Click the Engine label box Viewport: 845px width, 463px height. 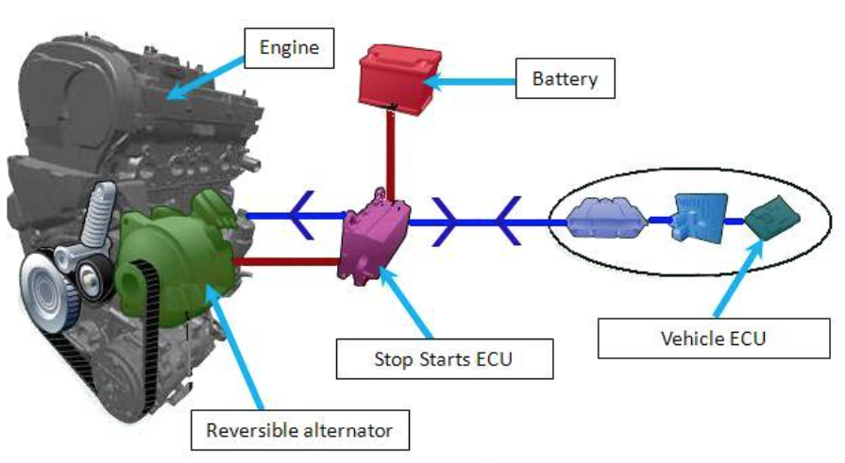pos(289,48)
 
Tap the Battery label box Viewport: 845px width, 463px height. pos(565,78)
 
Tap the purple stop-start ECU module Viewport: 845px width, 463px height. pos(375,239)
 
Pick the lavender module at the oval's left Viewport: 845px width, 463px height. pos(607,222)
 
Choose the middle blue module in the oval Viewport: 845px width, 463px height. pos(699,219)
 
